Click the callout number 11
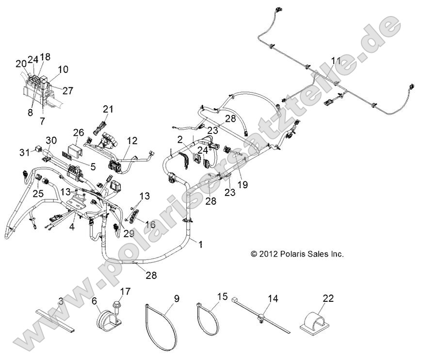click(336, 61)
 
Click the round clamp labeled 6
click(103, 320)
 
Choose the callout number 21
click(107, 109)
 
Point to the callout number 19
click(243, 184)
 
